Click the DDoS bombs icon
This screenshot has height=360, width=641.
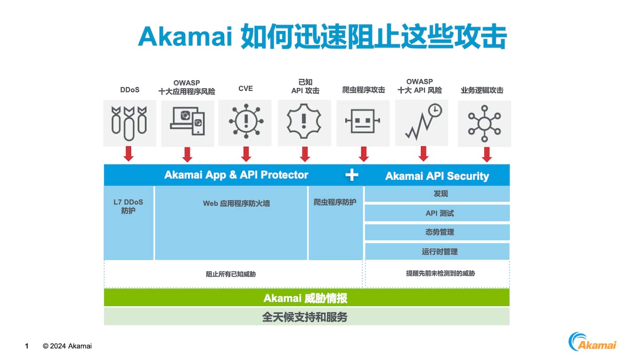[x=129, y=121]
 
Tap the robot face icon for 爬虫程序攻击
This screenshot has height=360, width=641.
[x=363, y=121]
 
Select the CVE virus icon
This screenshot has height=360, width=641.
[x=246, y=121]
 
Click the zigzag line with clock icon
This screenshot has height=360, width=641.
[x=423, y=121]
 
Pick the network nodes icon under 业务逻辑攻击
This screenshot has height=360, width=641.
[x=484, y=121]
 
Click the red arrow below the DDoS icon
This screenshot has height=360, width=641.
[x=129, y=154]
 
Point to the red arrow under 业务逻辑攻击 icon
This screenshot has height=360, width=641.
[x=487, y=154]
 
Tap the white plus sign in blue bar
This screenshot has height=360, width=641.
[x=352, y=175]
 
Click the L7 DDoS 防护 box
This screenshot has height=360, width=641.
[x=129, y=222]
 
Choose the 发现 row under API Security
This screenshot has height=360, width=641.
[x=437, y=194]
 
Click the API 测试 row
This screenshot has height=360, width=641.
[x=437, y=213]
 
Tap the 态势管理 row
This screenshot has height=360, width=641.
[x=437, y=232]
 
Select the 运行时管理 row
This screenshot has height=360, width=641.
[x=437, y=251]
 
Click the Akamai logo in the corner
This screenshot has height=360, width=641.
[x=592, y=341]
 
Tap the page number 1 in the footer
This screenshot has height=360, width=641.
[x=27, y=346]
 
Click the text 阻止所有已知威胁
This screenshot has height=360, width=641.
[x=231, y=274]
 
